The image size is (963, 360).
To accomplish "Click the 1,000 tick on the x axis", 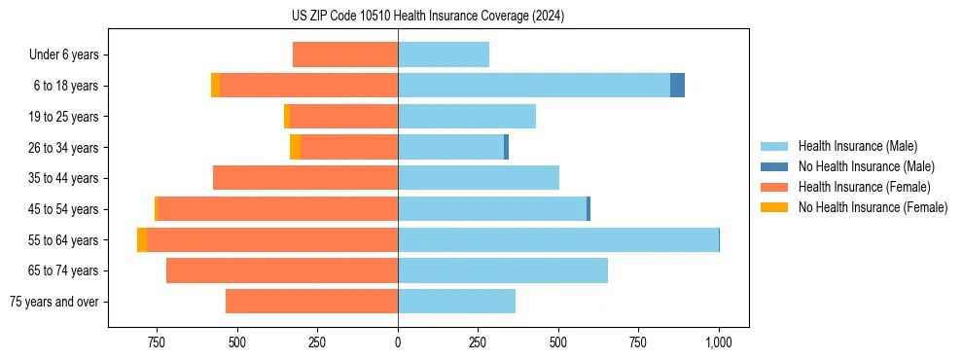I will (719, 342).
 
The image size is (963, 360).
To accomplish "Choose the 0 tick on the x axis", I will (398, 342).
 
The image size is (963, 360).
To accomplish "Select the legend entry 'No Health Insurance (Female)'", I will (873, 207).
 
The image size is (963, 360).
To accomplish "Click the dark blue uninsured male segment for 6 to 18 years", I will (677, 86).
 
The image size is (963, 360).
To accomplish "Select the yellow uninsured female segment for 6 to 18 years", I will (215, 86).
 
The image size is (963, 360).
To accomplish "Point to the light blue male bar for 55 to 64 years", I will (558, 239).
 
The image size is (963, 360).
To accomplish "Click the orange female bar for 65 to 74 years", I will (282, 270).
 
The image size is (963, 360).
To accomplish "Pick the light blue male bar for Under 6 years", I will (444, 54).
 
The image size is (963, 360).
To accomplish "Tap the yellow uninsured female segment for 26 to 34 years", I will (295, 147).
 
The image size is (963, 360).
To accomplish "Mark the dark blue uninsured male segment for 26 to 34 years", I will (506, 147).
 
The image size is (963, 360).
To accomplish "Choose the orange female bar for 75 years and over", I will (311, 302).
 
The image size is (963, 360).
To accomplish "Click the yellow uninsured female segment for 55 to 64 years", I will (142, 239).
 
